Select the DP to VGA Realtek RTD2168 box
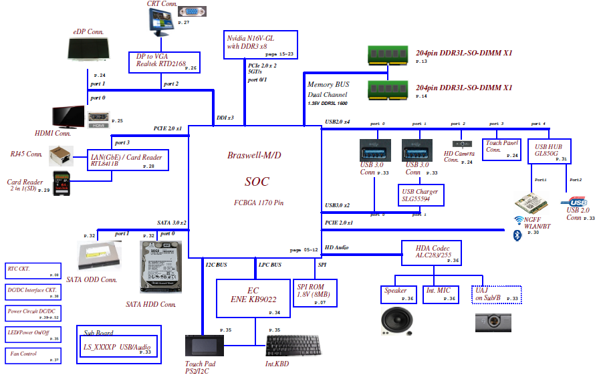pos(164,62)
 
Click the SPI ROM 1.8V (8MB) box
pos(315,292)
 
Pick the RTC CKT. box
pos(33,271)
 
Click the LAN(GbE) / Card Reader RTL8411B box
pos(128,160)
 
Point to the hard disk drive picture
pos(160,267)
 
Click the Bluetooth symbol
pos(517,235)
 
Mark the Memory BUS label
pos(328,85)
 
